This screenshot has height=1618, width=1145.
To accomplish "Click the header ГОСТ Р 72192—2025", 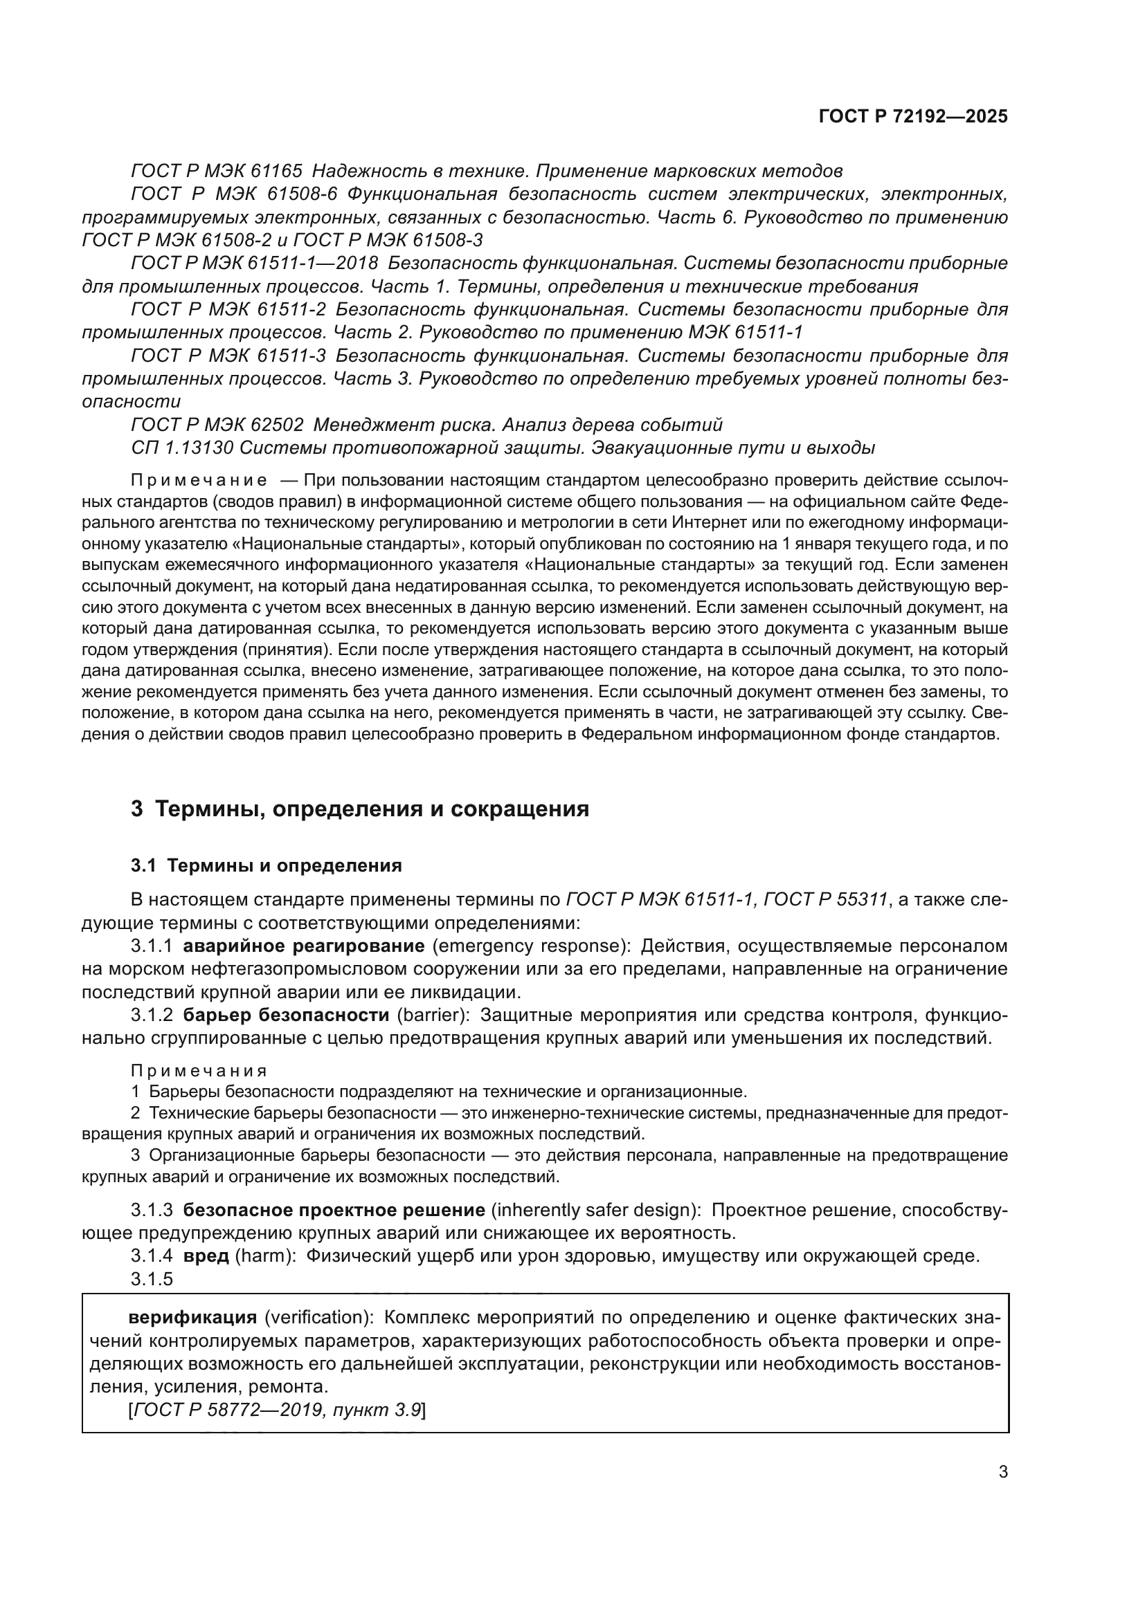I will [x=912, y=117].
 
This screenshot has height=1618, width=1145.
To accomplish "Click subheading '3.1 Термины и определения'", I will [x=266, y=865].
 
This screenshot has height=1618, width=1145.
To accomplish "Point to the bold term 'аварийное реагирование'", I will [x=303, y=946].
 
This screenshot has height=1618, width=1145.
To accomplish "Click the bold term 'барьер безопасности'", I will [x=285, y=1015].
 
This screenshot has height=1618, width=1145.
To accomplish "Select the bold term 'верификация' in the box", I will [x=192, y=1317].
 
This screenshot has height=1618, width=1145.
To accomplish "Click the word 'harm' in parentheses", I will [x=264, y=1256].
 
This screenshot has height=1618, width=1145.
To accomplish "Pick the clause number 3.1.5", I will [x=152, y=1279].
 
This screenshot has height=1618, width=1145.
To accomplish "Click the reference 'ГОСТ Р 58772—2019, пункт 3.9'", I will [x=276, y=1410].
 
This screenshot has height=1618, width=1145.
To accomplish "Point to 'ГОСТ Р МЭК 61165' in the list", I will [x=217, y=172].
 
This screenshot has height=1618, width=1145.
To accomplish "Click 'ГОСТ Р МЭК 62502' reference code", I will [x=217, y=425].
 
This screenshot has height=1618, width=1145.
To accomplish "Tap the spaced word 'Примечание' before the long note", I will [x=199, y=481].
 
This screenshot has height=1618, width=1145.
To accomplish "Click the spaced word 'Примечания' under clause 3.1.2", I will [x=199, y=1071].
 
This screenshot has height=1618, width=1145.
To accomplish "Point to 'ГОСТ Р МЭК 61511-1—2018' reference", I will [x=255, y=264].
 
